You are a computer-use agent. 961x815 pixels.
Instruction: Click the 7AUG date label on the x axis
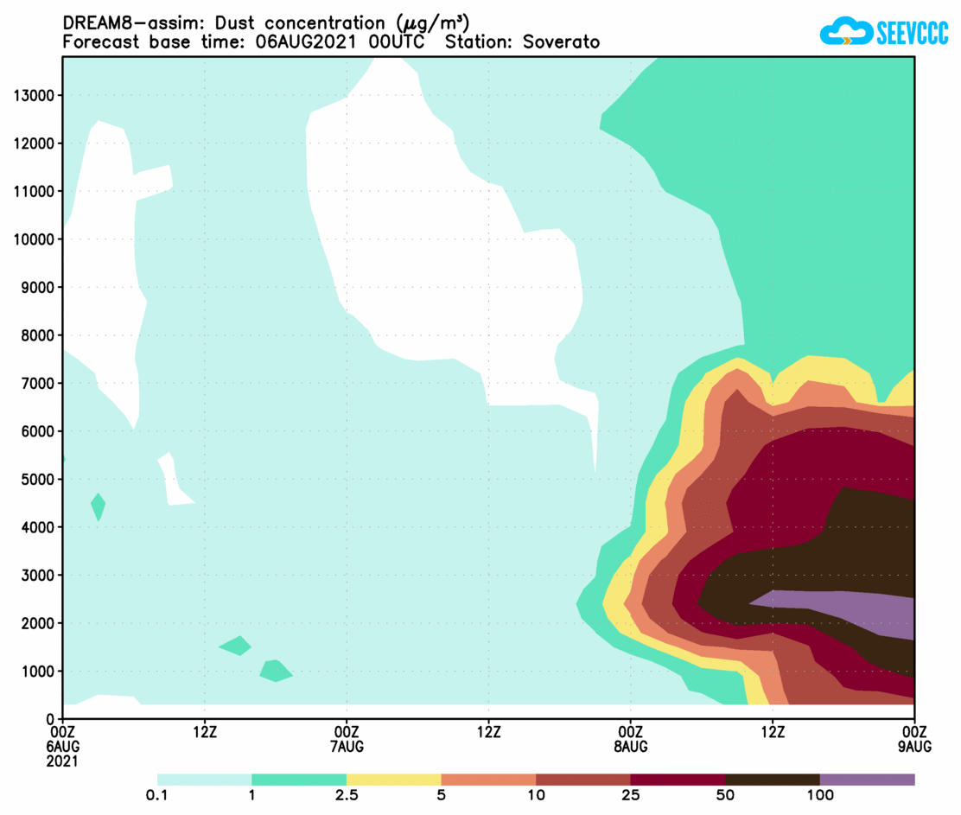pos(347,746)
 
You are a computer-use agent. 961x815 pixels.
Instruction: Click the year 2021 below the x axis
pos(63,761)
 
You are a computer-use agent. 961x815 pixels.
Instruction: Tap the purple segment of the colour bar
pos(867,780)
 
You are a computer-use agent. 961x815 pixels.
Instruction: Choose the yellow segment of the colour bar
pos(393,780)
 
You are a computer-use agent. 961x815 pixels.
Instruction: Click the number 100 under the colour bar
pos(819,795)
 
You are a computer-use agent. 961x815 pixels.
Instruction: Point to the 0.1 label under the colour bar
pos(156,795)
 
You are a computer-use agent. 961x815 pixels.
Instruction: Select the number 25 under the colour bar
pos(630,795)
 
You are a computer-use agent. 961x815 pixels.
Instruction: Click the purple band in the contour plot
pos(847,609)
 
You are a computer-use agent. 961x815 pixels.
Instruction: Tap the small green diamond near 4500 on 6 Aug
pos(99,506)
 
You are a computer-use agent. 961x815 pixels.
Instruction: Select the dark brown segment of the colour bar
pos(772,780)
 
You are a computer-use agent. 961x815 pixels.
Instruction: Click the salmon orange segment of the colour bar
pos(488,780)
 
